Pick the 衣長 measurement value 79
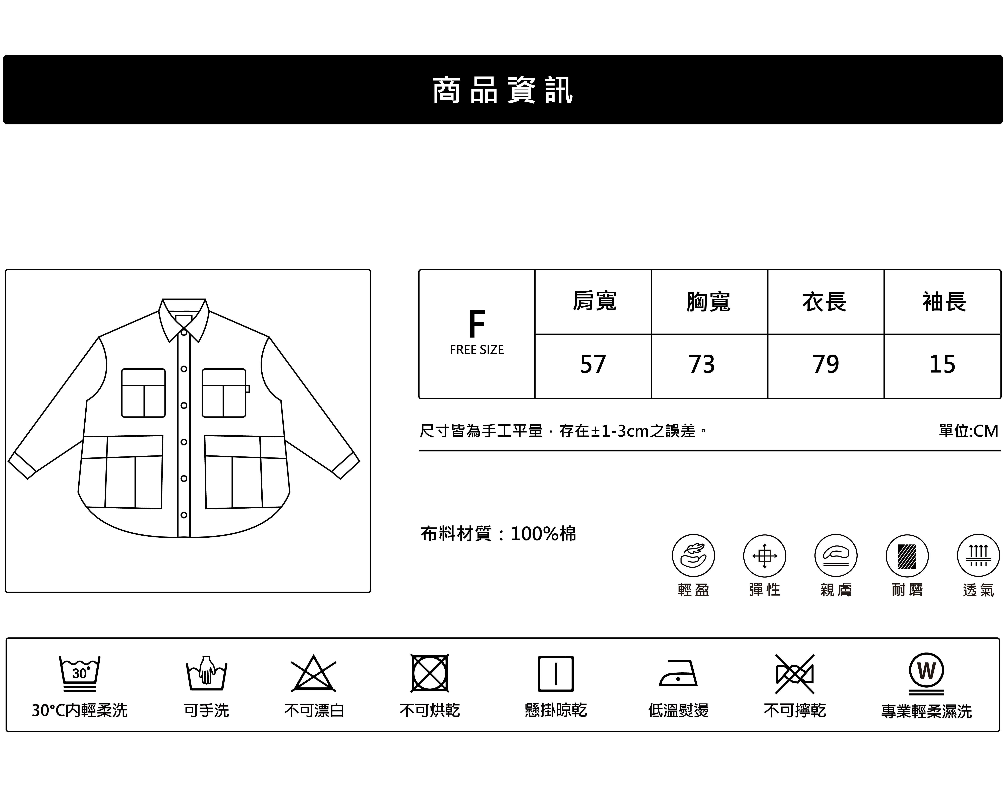point(826,364)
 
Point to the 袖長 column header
point(944,302)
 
